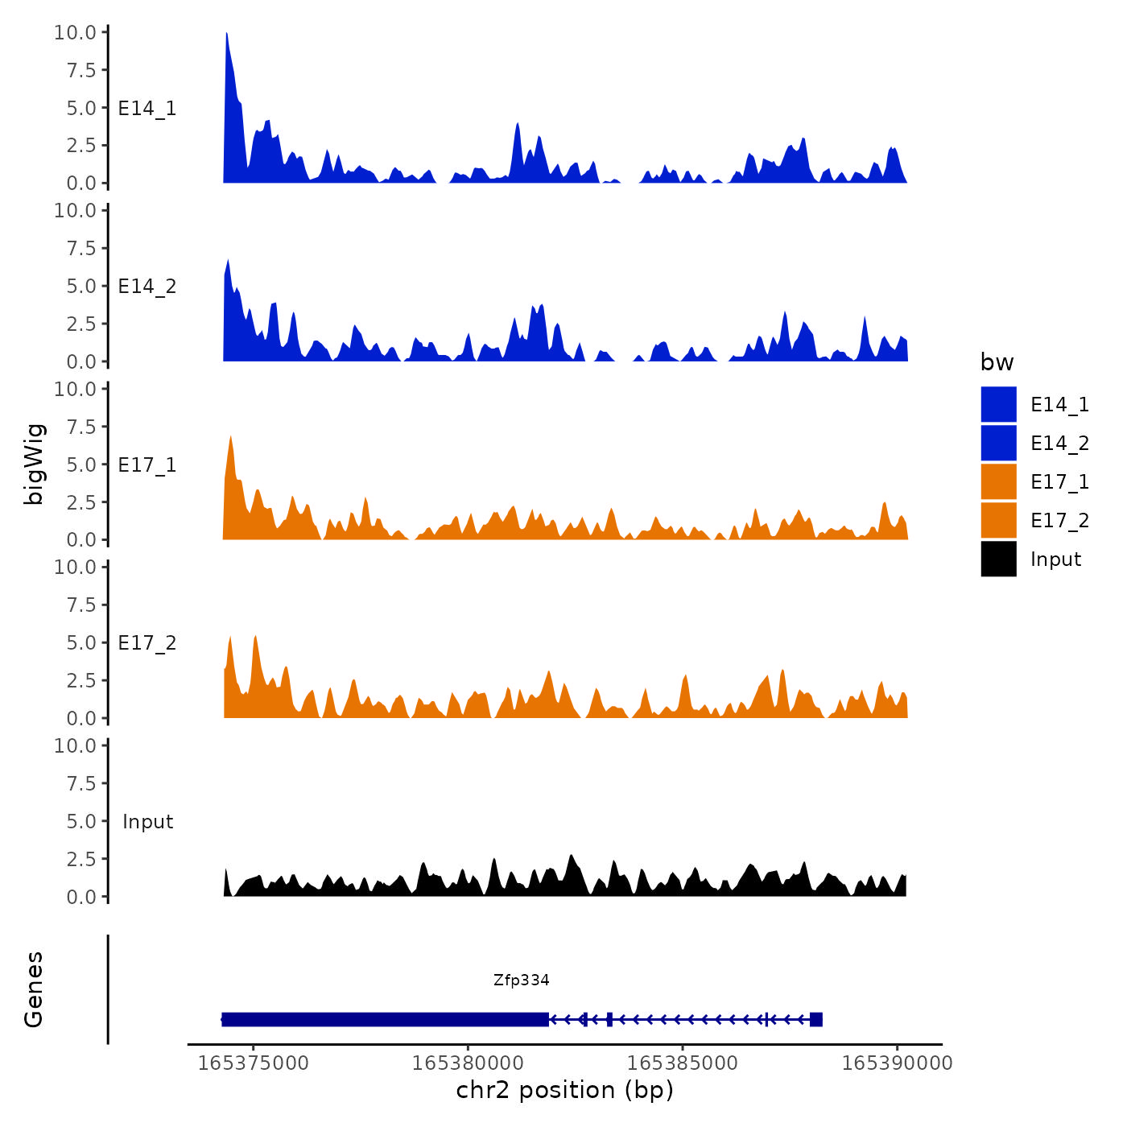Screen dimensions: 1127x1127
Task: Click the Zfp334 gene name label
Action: [521, 980]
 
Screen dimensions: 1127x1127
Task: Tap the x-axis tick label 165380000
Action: [467, 1063]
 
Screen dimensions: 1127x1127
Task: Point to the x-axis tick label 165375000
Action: [253, 1063]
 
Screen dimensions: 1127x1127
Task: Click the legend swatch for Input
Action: [998, 559]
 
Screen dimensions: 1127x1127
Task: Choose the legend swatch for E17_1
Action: [998, 481]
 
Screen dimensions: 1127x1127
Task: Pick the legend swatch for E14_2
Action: [998, 443]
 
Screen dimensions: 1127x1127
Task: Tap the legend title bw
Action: [997, 362]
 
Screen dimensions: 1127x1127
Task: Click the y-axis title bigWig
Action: [34, 464]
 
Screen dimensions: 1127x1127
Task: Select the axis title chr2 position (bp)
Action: [564, 1090]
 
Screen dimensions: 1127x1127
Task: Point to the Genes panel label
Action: [34, 989]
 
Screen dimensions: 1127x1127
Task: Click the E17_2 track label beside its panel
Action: [147, 642]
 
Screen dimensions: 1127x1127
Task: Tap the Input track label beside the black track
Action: [147, 821]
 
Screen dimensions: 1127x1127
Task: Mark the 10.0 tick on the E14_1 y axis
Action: [74, 32]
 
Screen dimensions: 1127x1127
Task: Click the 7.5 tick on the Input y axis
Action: [80, 783]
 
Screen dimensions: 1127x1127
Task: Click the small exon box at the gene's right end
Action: [816, 1019]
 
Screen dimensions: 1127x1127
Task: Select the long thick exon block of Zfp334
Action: [385, 1019]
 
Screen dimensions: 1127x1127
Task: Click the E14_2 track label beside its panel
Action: [147, 286]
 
